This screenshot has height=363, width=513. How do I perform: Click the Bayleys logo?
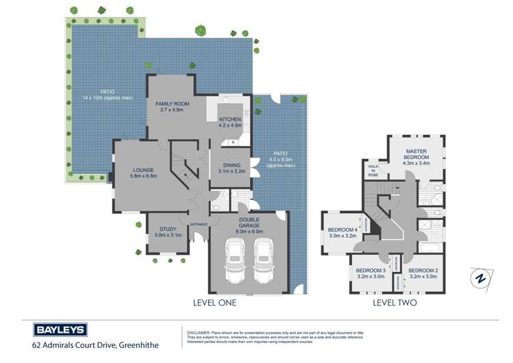pos(60,329)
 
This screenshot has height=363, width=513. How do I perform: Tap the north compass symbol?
pos(481,279)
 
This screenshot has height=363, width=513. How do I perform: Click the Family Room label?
pos(172,106)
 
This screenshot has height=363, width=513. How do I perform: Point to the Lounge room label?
pos(144,173)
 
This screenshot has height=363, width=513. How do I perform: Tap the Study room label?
pos(168,232)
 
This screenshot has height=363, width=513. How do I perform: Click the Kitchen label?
pos(229,122)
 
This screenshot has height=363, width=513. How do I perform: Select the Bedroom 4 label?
pos(343,232)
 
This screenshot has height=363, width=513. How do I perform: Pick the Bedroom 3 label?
pos(371,273)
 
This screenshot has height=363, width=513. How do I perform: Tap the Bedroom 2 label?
pos(423,273)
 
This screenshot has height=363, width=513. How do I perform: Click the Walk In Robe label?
pos(373,171)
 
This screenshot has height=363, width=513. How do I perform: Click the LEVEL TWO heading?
pos(395,302)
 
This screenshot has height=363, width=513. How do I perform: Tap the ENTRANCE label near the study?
pos(199,224)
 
